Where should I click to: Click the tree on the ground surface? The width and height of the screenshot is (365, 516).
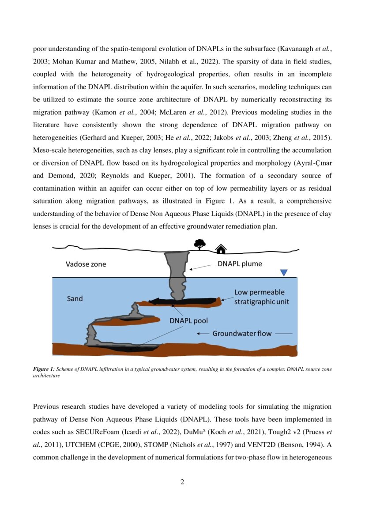pos(200,244)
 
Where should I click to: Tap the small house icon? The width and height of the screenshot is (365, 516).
pos(221,249)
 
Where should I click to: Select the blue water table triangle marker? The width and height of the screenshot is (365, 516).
pos(284,273)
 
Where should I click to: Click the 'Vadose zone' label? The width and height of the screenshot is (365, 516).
pos(86,264)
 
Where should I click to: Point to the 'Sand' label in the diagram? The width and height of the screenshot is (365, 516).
pos(75,298)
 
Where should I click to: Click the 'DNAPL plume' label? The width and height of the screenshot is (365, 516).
pos(240,264)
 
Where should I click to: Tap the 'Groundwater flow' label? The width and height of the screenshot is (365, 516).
pos(242,333)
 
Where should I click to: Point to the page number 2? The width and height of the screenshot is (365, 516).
pos(182,482)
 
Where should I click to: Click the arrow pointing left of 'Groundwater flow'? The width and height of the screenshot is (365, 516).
pos(202,334)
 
